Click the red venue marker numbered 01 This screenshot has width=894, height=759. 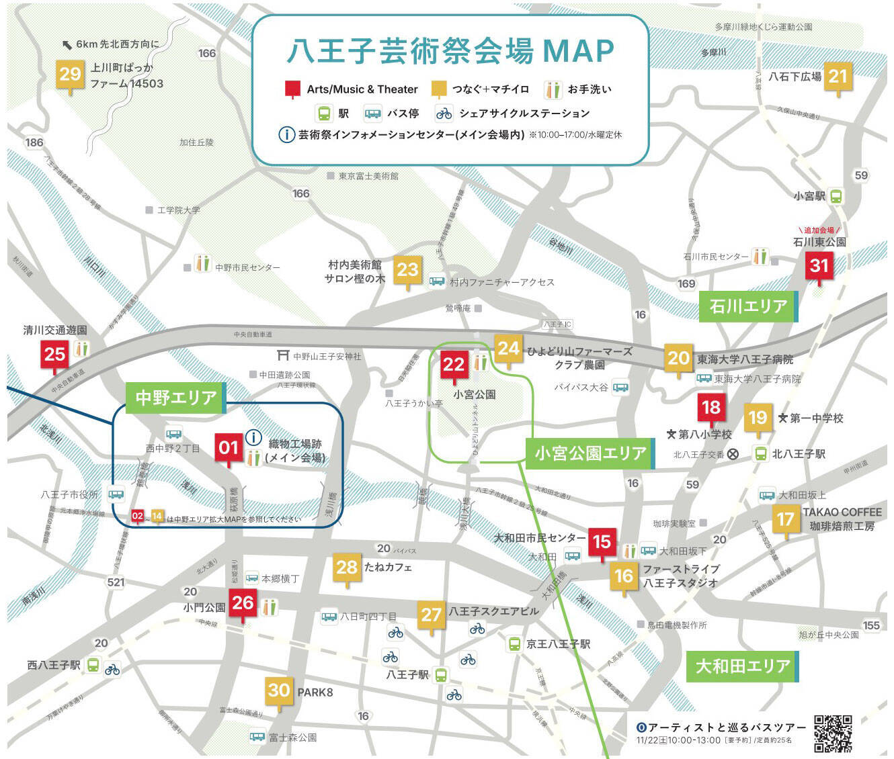[x=229, y=448]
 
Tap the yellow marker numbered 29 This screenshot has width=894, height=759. [x=70, y=75]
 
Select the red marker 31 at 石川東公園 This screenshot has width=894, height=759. [x=819, y=266]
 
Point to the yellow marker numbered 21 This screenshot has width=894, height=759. [x=838, y=77]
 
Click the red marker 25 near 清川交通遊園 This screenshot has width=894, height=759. [x=54, y=354]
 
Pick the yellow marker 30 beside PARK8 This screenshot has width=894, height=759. [x=279, y=690]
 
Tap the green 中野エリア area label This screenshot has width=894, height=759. [x=175, y=398]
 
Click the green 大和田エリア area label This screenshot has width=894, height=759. [x=742, y=666]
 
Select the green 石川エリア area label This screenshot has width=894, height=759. [x=748, y=306]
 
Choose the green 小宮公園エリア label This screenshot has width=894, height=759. [x=590, y=453]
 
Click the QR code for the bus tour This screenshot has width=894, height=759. [x=833, y=733]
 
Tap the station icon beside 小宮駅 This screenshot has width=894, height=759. [x=836, y=196]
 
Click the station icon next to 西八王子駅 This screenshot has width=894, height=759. [x=93, y=665]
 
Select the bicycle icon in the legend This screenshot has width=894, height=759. [x=444, y=113]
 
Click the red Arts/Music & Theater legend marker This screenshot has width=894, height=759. [x=292, y=89]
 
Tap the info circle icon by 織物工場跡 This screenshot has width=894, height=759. [x=253, y=438]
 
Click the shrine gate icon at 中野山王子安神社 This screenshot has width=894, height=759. [x=283, y=355]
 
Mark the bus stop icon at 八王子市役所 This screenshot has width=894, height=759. [x=116, y=494]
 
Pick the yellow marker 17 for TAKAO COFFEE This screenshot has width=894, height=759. [x=785, y=520]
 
